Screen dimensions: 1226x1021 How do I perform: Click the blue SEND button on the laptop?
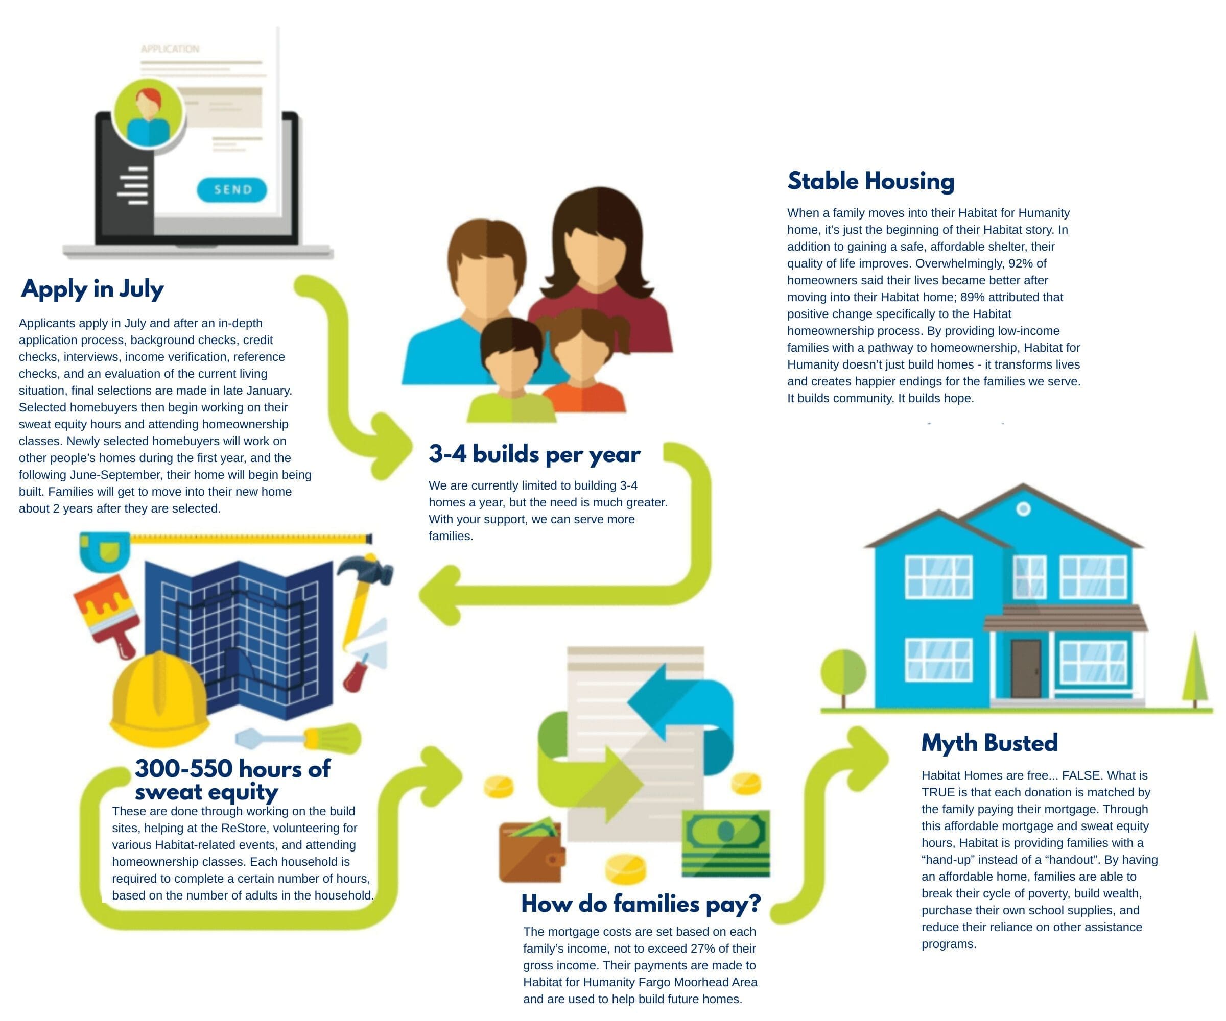(232, 189)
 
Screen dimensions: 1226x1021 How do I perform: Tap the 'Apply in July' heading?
(92, 289)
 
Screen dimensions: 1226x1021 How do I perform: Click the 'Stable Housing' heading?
(870, 181)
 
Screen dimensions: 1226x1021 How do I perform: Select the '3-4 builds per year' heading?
(534, 454)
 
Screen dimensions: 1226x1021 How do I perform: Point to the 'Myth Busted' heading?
(989, 743)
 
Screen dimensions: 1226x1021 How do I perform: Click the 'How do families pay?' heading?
(641, 904)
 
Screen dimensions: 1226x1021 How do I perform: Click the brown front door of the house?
(1026, 669)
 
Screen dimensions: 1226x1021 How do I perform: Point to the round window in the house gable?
(1023, 509)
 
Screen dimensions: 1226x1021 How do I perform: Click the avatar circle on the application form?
(148, 114)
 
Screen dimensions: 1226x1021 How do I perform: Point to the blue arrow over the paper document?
(683, 712)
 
